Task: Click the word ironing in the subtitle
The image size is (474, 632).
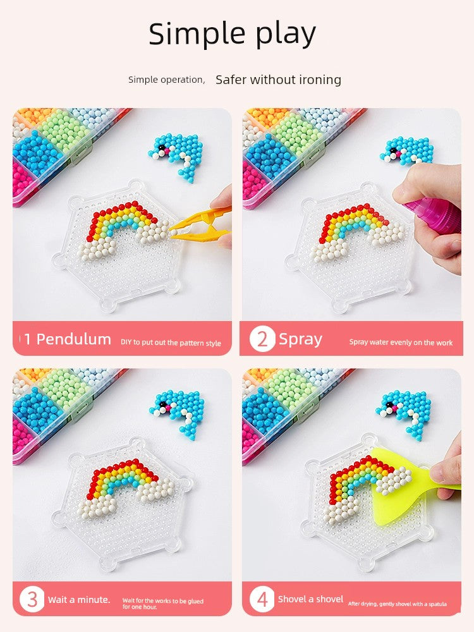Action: (320, 80)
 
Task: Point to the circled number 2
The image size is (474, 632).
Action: (262, 339)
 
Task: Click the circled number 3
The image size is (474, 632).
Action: (32, 599)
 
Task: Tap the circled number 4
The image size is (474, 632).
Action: (262, 599)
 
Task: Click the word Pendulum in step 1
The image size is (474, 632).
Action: (74, 339)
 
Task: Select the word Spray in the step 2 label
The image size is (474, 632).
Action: (300, 340)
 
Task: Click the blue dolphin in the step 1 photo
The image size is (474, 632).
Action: (178, 155)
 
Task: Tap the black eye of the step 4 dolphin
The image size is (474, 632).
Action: (389, 404)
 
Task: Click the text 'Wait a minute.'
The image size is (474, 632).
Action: (79, 600)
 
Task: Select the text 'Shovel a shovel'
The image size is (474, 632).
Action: (310, 599)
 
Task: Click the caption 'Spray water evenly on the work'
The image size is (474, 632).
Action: (401, 343)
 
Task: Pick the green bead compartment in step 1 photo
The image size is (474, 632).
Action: (64, 130)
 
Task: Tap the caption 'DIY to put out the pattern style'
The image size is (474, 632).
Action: (171, 343)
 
